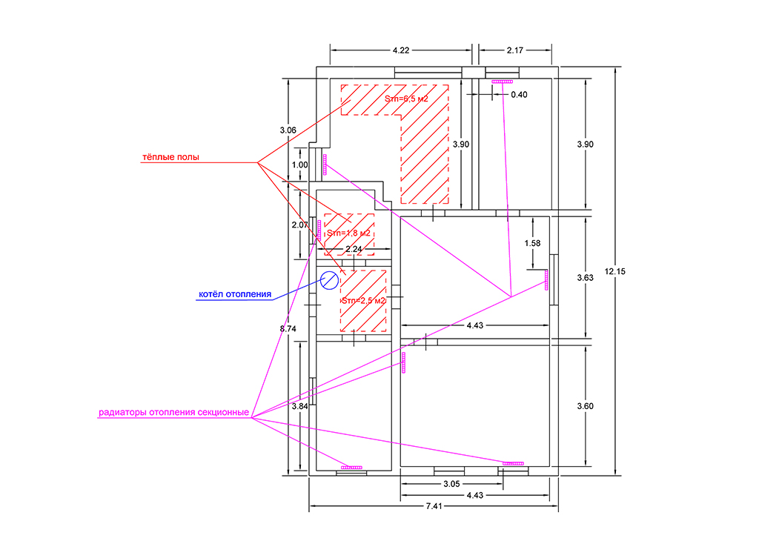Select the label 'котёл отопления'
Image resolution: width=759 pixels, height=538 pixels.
[x=235, y=294]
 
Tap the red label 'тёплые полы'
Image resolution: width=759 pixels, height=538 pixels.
[x=170, y=157]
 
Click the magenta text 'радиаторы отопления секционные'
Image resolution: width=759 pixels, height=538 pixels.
[x=173, y=412]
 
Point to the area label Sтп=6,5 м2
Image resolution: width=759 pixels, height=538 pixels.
[x=406, y=99]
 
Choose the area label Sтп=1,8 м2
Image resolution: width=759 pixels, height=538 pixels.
[x=348, y=233]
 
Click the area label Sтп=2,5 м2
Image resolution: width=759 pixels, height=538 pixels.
[x=363, y=300]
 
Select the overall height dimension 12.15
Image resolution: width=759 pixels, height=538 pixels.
[x=614, y=271]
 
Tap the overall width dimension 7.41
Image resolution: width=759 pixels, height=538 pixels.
[x=434, y=506]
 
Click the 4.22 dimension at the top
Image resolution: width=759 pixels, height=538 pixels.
[x=401, y=50]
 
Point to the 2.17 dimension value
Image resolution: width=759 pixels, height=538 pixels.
[x=515, y=50]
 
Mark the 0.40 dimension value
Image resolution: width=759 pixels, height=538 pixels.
[x=519, y=95]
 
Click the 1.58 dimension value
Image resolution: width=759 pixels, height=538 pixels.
[x=532, y=243]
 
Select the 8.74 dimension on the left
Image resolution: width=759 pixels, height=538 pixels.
[x=288, y=329]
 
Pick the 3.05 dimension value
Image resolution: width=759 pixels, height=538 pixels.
[x=451, y=484]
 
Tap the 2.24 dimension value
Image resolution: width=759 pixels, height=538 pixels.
[x=354, y=249]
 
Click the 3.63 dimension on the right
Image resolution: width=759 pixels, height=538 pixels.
[x=586, y=278]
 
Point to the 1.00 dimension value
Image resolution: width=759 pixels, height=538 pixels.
[x=299, y=165]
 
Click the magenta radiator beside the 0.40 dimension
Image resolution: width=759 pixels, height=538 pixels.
[x=502, y=82]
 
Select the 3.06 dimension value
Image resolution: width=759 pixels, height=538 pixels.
[x=288, y=130]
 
